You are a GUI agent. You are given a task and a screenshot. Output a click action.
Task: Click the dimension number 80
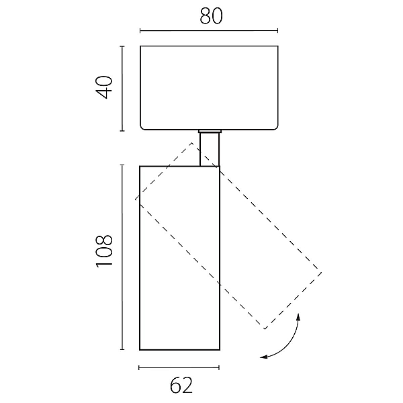(x=211, y=16)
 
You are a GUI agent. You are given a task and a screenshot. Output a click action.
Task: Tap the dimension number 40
(x=104, y=87)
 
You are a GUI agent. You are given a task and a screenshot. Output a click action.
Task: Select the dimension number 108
(x=104, y=251)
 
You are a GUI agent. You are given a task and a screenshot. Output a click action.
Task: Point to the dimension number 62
(x=181, y=385)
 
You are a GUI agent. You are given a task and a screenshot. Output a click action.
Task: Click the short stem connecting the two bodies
(x=210, y=149)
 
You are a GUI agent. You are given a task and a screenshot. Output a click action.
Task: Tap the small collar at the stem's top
(x=210, y=131)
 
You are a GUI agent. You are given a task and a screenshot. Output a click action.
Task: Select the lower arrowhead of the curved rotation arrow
(x=264, y=357)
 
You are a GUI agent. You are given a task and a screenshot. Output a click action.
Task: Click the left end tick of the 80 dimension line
(x=140, y=31)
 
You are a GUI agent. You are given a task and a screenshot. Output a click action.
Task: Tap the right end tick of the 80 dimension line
(x=277, y=31)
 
